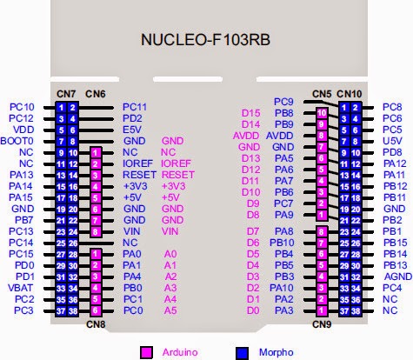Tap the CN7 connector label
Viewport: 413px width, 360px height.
click(65, 93)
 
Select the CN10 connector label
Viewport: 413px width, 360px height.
click(350, 93)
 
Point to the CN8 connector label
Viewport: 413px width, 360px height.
click(96, 324)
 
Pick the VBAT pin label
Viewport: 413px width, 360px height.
click(22, 287)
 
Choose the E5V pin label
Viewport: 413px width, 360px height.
click(132, 130)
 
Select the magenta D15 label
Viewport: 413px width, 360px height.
click(251, 113)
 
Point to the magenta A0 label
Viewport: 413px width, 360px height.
click(170, 253)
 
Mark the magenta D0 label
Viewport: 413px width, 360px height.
click(252, 310)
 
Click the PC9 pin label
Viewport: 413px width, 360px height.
click(283, 102)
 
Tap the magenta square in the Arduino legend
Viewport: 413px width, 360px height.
click(145, 351)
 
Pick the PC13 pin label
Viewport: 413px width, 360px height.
click(22, 231)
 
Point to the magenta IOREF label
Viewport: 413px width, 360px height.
click(177, 163)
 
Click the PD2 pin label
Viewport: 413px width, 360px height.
click(132, 118)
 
